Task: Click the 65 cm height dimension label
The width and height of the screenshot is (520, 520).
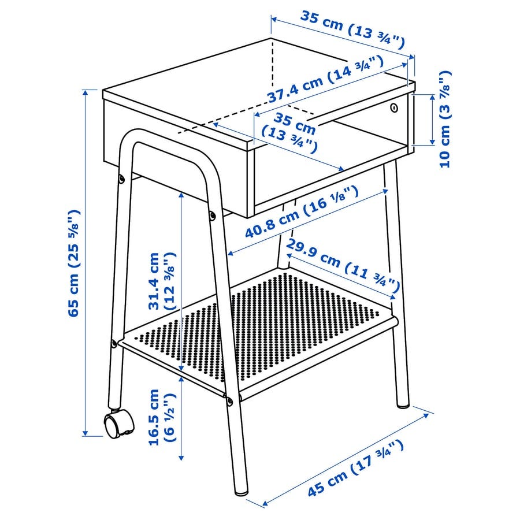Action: (x=73, y=263)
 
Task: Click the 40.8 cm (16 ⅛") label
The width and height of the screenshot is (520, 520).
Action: (x=302, y=212)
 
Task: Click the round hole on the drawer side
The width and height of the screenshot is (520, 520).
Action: (x=393, y=107)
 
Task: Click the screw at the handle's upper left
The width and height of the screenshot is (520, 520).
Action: (x=122, y=179)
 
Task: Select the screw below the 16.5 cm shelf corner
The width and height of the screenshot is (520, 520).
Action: (x=229, y=402)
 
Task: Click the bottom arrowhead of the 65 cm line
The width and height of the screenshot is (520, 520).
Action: (x=86, y=432)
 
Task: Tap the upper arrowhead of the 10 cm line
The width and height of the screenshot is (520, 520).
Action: (x=432, y=97)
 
